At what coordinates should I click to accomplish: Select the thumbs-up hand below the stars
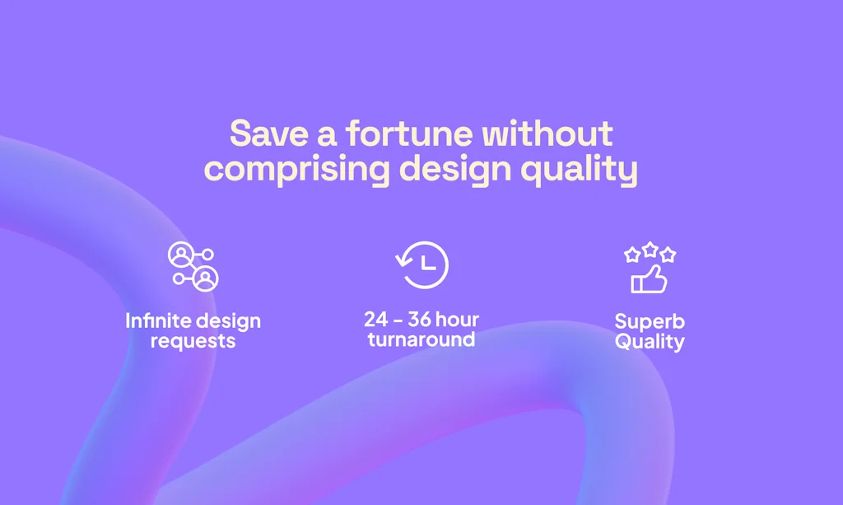649,280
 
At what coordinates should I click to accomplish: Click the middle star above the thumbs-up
650,249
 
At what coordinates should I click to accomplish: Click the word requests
193,340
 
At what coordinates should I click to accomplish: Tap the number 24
376,319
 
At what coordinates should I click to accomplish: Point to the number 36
420,319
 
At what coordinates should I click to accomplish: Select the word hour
457,319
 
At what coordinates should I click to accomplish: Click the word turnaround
421,339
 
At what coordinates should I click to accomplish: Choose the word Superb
650,321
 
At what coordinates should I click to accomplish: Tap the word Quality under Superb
650,341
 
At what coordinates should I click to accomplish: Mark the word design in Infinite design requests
227,320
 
